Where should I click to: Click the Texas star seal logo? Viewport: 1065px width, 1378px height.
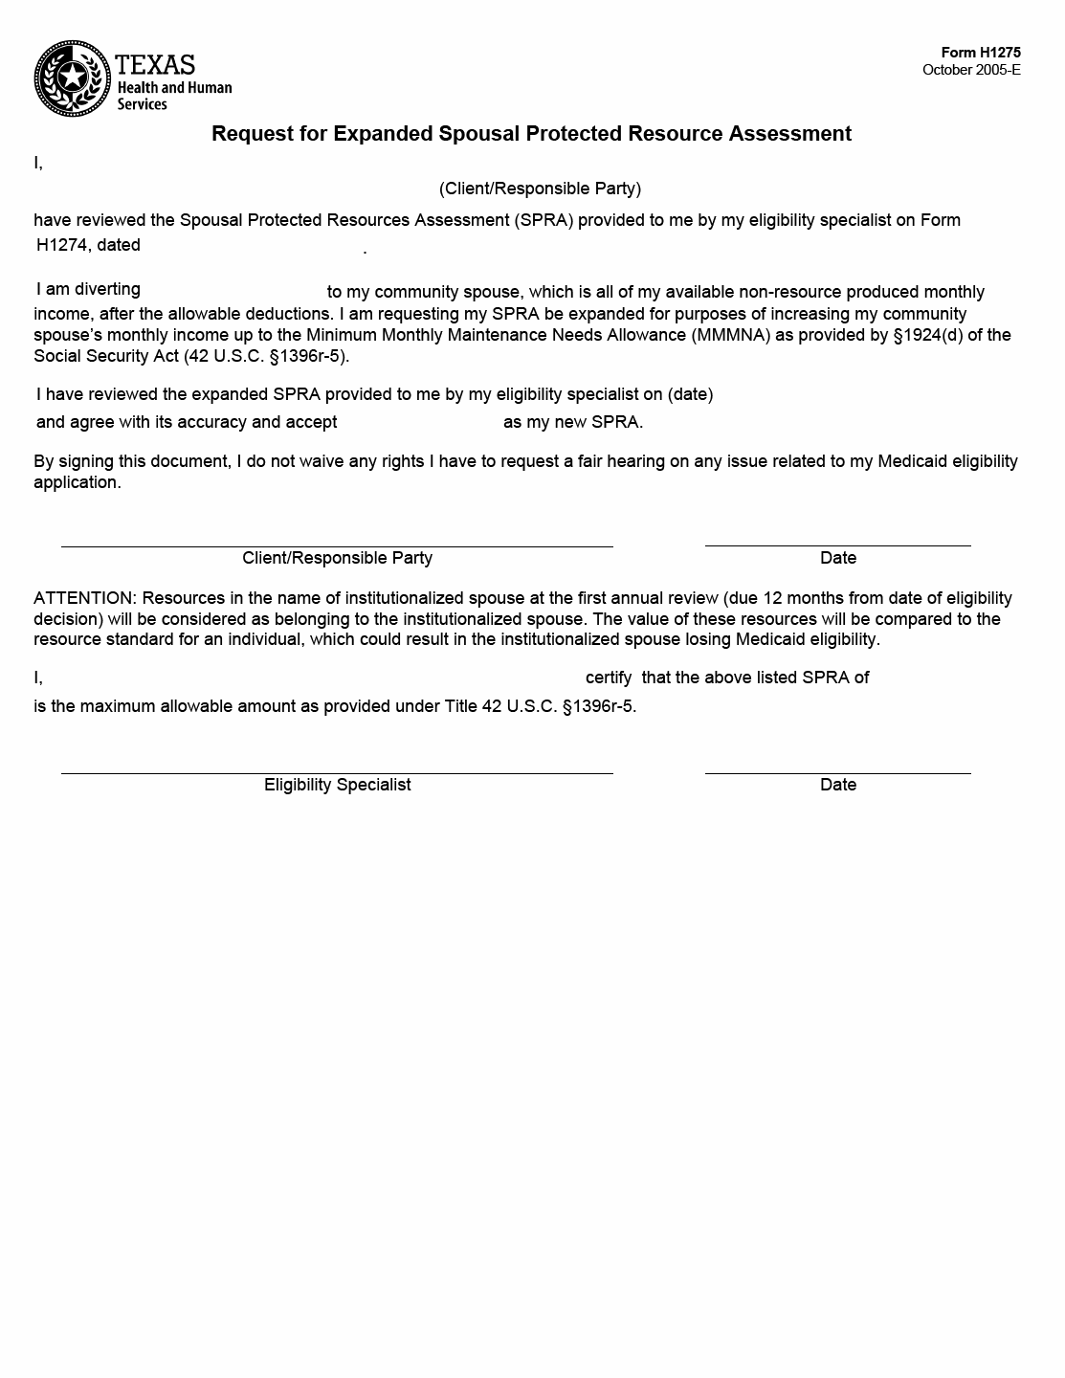(72, 78)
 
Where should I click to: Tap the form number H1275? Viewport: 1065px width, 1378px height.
(981, 54)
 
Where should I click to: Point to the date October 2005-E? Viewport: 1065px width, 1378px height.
(971, 70)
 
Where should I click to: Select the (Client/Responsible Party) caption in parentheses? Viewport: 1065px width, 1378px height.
(540, 189)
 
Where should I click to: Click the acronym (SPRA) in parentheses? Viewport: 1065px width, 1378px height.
(543, 220)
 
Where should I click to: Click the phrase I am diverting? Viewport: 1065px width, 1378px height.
(88, 289)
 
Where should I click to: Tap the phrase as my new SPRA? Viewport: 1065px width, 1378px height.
(572, 422)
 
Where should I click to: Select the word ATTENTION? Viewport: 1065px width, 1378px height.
(84, 598)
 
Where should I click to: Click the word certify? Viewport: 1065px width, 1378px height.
(609, 678)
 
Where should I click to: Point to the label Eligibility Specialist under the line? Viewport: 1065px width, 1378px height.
(337, 785)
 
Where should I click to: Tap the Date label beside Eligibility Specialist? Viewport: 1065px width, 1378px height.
(837, 785)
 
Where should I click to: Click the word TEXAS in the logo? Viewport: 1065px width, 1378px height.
(155, 65)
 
